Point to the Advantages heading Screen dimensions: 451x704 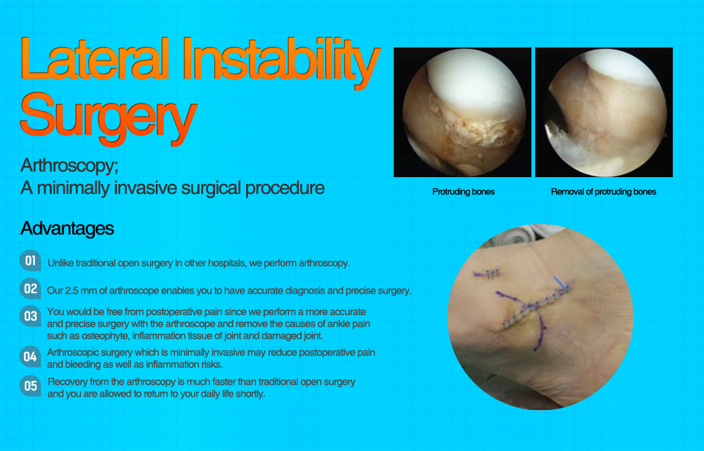(x=67, y=228)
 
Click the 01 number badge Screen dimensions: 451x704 (x=30, y=261)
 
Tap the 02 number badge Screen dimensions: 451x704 (x=30, y=289)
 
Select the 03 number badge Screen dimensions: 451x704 (x=30, y=316)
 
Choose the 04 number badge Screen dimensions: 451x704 (x=30, y=357)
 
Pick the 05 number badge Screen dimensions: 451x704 (x=30, y=386)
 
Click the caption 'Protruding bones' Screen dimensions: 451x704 (x=464, y=192)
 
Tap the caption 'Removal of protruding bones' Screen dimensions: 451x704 (x=603, y=192)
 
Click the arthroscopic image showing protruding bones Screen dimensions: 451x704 (x=462, y=112)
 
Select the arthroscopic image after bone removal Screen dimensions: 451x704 (x=604, y=112)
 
